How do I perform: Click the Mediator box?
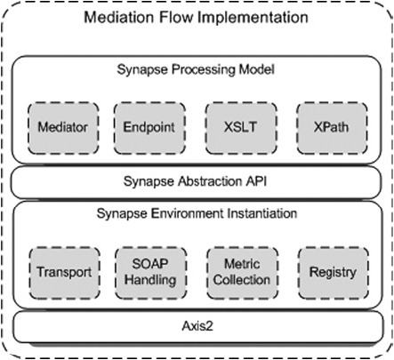point(63,128)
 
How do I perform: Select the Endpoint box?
point(149,128)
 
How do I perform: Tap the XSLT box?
point(241,128)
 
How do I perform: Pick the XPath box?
point(332,128)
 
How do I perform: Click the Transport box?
point(64,273)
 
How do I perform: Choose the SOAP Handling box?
point(150,273)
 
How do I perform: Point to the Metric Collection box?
point(242,273)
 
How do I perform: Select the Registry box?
point(334,273)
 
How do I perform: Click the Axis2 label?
point(197,326)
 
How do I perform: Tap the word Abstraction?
point(210,181)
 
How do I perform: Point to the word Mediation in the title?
point(119,17)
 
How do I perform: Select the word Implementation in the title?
point(253,18)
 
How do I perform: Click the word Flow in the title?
point(176,17)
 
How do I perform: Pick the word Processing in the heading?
point(205,70)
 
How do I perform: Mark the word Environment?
point(186,213)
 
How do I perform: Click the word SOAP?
point(150,264)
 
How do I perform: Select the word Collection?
point(242,280)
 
